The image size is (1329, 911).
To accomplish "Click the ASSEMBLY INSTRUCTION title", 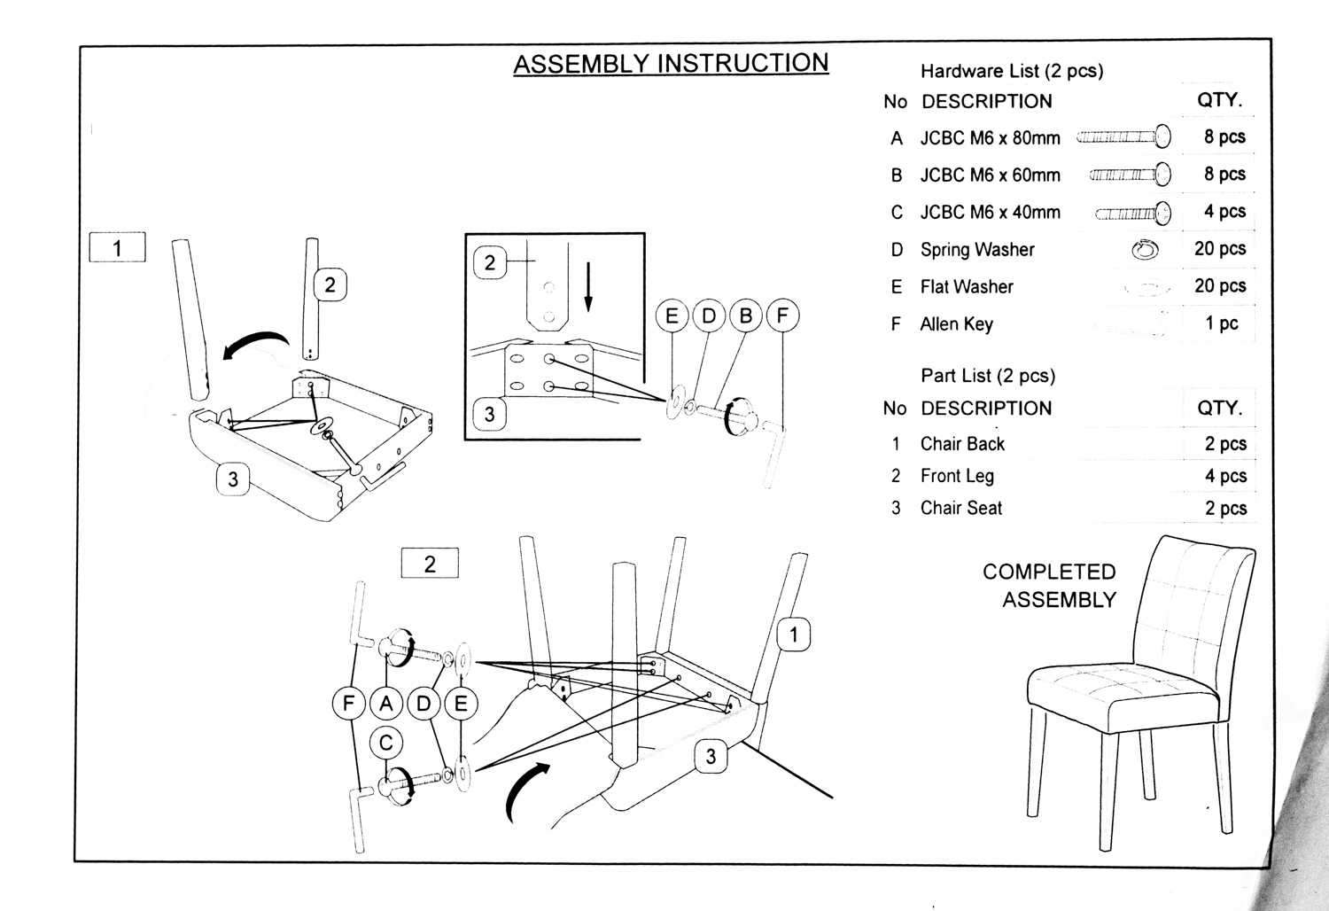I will click(x=671, y=64).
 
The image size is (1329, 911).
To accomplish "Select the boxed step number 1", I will click(x=117, y=248).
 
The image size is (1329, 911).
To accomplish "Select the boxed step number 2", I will click(x=430, y=564).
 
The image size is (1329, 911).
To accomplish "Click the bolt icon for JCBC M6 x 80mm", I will click(x=1123, y=137).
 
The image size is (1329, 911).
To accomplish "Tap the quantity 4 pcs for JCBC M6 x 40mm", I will click(x=1224, y=212).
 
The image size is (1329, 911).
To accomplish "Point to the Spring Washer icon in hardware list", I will click(x=1145, y=250).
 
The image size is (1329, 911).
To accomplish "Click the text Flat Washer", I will click(x=967, y=287).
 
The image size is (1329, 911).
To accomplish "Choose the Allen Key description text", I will click(x=956, y=324).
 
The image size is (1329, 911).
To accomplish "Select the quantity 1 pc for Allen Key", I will click(x=1222, y=323).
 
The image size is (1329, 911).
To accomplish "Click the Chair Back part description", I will click(x=962, y=444).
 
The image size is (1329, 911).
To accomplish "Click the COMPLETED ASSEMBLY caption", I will click(x=1050, y=586).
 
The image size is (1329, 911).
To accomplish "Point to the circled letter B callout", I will click(x=745, y=316).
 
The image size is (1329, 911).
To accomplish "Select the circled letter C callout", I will click(x=385, y=743).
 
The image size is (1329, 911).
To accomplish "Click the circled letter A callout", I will click(x=385, y=705).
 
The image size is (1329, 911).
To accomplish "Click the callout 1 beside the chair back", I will click(x=794, y=635).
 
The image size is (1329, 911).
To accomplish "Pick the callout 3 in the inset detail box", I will click(x=489, y=414).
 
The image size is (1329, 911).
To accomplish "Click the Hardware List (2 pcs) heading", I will click(x=1012, y=71).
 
